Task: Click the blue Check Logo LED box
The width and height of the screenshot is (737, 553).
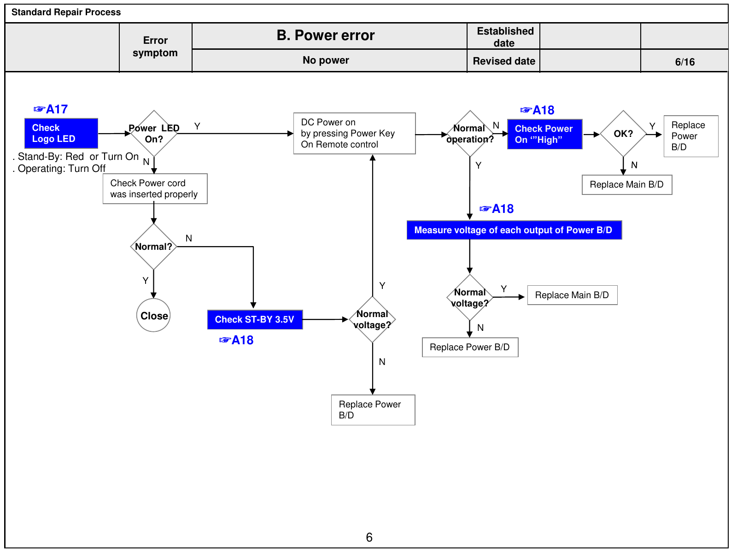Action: click(61, 133)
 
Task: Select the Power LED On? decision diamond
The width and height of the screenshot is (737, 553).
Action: click(154, 134)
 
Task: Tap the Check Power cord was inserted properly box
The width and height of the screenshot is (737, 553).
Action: click(155, 188)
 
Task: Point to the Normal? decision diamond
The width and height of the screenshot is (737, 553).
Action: click(153, 247)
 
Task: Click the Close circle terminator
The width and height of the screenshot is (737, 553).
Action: click(153, 316)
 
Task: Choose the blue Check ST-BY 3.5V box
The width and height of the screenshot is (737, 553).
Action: click(255, 320)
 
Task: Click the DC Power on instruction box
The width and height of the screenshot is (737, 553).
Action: click(355, 133)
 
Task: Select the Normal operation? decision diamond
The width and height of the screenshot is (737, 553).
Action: click(470, 134)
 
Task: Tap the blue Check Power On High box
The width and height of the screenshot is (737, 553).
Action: click(544, 134)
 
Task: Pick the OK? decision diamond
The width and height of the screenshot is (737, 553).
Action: click(623, 134)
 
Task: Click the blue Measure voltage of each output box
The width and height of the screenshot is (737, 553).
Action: click(515, 230)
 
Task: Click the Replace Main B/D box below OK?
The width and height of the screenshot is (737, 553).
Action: click(627, 185)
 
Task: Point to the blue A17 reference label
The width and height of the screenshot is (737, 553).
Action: click(51, 109)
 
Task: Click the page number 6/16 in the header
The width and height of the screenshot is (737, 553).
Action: click(684, 62)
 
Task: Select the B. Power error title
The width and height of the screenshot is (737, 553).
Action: click(325, 35)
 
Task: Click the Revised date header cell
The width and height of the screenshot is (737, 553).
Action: click(503, 61)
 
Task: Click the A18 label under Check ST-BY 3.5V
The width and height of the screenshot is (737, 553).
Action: click(236, 340)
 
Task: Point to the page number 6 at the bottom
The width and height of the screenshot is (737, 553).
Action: click(369, 537)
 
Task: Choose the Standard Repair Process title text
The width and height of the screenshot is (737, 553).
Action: click(66, 12)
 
